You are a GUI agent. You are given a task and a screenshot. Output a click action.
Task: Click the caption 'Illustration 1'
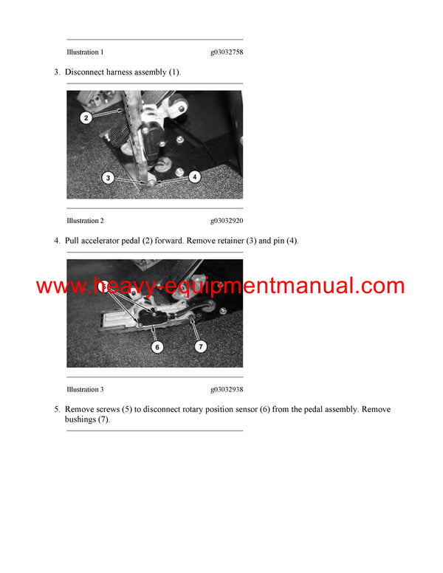(x=85, y=52)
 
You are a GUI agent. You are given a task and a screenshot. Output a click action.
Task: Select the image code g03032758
(x=227, y=52)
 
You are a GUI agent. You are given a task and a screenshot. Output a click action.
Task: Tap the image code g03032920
(x=227, y=221)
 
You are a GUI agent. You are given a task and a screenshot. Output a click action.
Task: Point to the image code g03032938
(x=227, y=389)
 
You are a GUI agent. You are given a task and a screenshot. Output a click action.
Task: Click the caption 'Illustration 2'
(x=85, y=221)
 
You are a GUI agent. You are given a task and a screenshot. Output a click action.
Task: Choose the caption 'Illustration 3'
(x=85, y=389)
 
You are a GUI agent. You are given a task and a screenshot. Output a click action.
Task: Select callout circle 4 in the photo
(x=194, y=176)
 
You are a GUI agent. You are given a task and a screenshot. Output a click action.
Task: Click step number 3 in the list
(x=56, y=72)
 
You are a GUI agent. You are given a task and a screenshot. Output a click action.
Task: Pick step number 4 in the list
(x=56, y=241)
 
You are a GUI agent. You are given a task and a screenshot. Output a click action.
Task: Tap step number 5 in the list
(x=56, y=409)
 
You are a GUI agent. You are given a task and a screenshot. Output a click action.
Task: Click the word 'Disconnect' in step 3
(x=83, y=72)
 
